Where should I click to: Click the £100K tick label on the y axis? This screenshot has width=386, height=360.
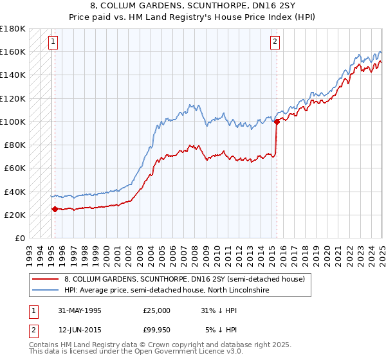point(12,122)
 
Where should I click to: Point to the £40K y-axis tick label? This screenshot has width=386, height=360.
point(14,192)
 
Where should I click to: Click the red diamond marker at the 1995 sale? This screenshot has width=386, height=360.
point(55,209)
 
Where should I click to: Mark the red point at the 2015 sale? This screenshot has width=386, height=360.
point(277,121)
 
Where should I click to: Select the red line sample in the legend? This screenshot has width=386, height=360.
point(46,279)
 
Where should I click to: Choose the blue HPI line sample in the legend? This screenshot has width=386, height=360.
point(46,291)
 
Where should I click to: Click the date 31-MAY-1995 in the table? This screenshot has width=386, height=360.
point(80,310)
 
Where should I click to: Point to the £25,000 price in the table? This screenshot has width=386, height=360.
point(157,310)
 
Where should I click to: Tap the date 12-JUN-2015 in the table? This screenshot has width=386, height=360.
point(80,330)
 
